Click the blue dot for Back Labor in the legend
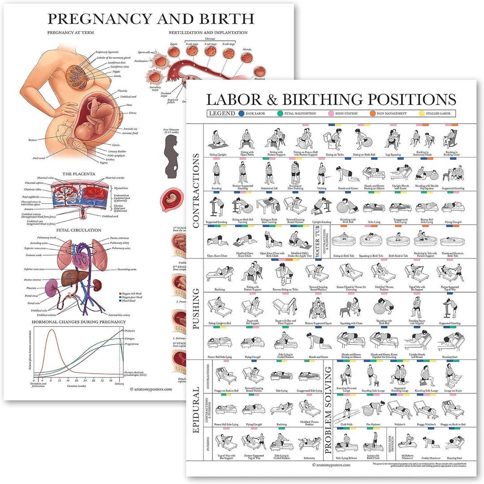tap(242, 113)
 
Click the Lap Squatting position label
tap(393, 155)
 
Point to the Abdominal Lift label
tap(269, 189)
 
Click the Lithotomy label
tap(310, 458)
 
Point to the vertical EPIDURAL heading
tap(196, 410)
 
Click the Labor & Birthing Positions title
tap(331, 99)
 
